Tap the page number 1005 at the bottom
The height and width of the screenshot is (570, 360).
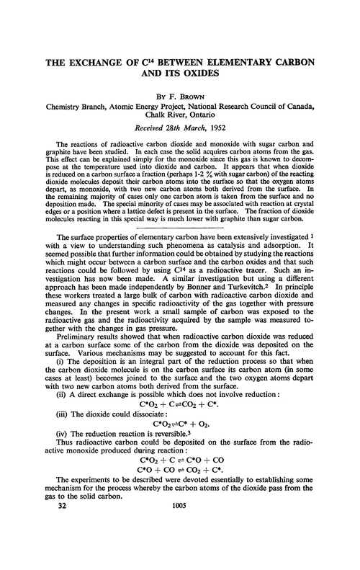point(179,548)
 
